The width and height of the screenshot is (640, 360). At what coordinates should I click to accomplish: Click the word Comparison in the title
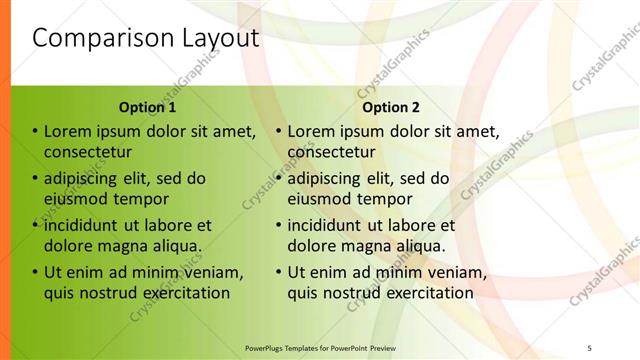[91, 39]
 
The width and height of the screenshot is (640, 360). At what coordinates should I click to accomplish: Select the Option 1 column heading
[147, 108]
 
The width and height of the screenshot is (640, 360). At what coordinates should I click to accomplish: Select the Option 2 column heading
[391, 108]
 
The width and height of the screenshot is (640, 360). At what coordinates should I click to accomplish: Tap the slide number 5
[589, 348]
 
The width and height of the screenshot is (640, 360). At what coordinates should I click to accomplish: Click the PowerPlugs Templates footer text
[320, 348]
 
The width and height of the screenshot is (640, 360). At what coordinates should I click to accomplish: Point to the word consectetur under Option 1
[88, 152]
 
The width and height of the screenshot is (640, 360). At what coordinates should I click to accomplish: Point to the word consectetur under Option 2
[331, 152]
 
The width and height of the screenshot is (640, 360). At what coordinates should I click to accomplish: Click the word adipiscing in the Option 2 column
[328, 179]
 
